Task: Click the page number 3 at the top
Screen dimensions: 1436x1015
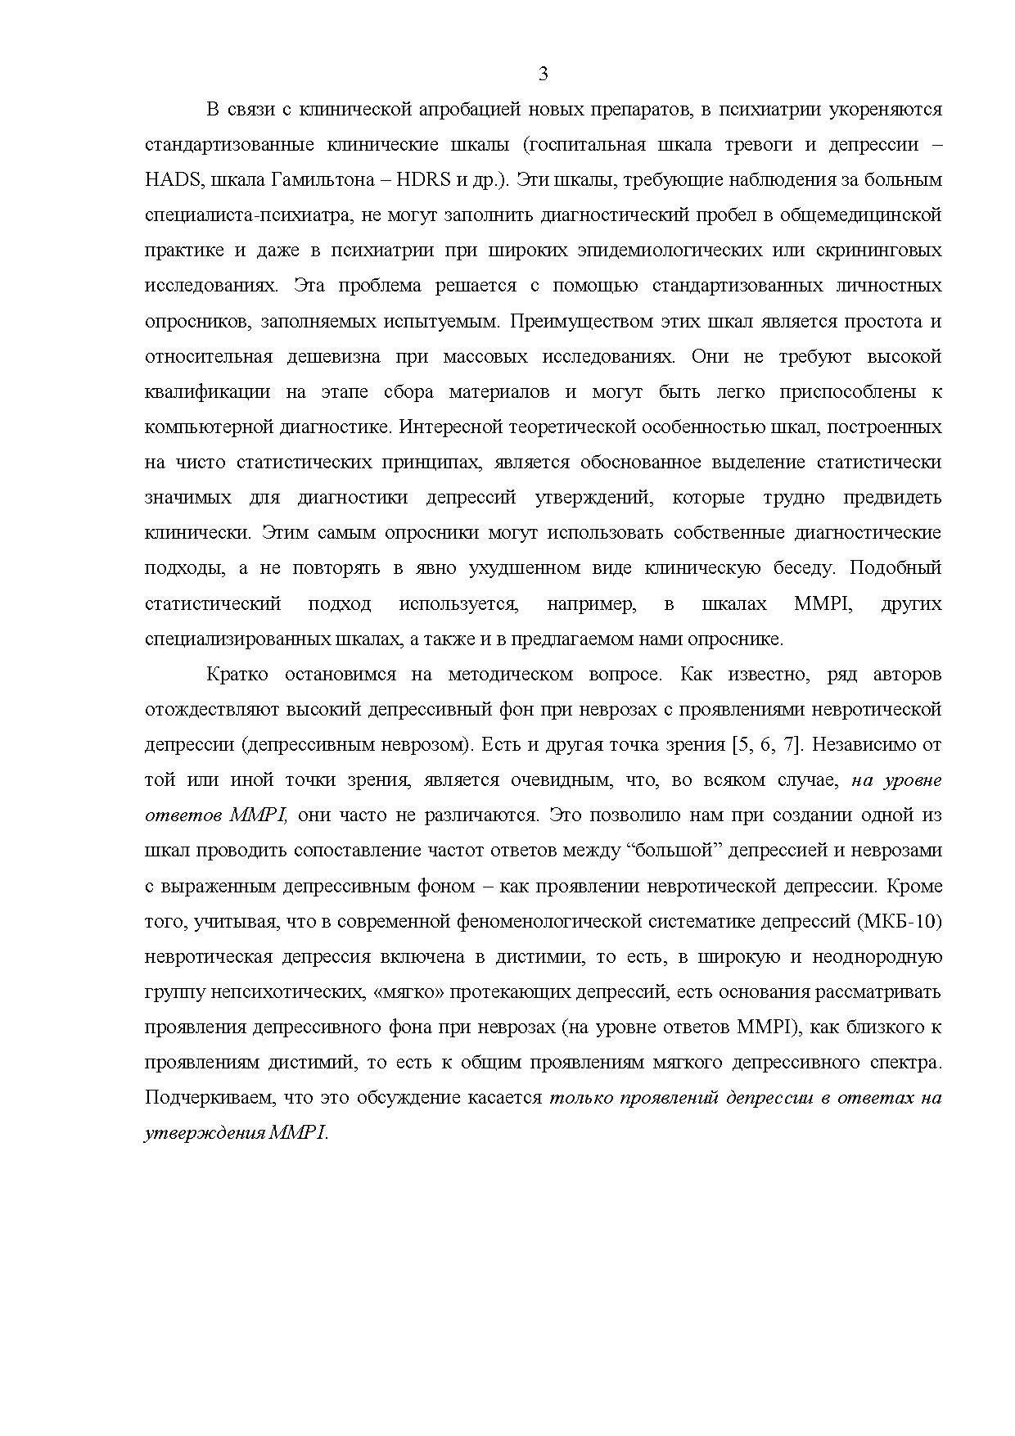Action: [x=544, y=75]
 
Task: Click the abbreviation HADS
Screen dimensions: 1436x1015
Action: [x=171, y=180]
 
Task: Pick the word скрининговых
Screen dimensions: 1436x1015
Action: [x=881, y=251]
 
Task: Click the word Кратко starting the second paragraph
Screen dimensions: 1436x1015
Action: [x=237, y=675]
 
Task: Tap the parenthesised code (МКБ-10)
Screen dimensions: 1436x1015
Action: [x=900, y=922]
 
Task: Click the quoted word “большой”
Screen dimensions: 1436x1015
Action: [x=674, y=851]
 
